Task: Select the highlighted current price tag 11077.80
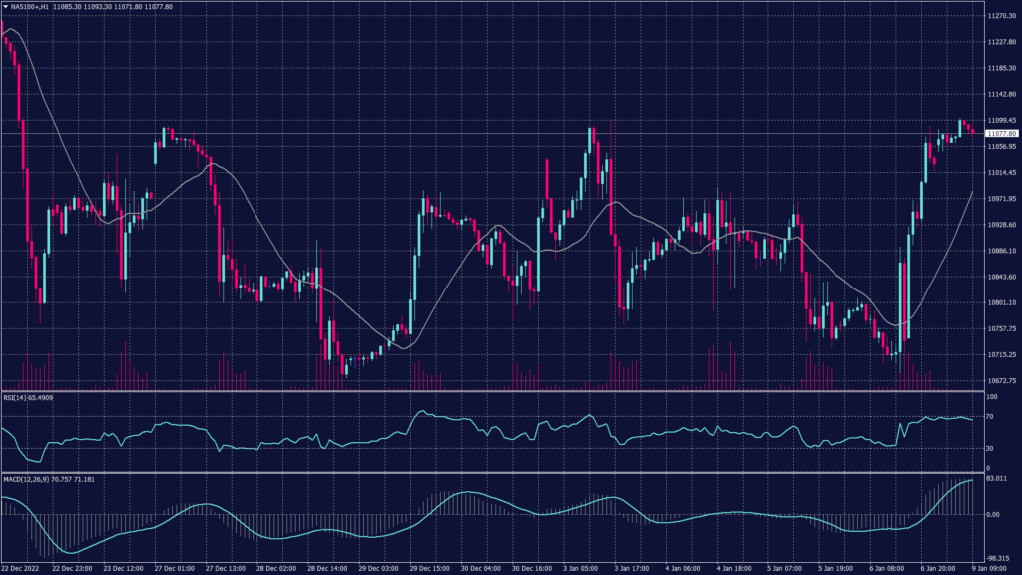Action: tap(1001, 133)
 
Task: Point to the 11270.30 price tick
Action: tap(1000, 16)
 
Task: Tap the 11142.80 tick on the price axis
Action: tap(1000, 94)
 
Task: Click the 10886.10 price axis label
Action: tap(1000, 251)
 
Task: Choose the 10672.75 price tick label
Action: tap(1000, 380)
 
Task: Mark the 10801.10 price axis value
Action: tap(1000, 302)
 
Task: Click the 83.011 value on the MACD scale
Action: tap(996, 480)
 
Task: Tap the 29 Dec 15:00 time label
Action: tap(431, 568)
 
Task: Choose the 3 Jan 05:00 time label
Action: tap(584, 568)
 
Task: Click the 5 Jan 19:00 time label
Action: tap(839, 568)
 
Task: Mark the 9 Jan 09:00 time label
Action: tap(994, 568)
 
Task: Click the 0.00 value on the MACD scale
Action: tap(993, 515)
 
